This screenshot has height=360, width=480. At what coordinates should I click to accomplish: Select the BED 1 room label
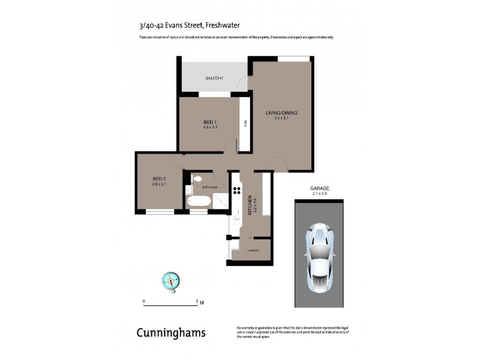(210, 122)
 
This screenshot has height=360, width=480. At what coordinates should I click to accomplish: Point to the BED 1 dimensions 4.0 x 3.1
(210, 127)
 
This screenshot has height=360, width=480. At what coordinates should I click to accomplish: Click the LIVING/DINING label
(281, 113)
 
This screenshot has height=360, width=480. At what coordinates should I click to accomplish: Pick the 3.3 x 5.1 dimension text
(281, 118)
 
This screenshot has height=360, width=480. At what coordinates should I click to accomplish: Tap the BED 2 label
(158, 178)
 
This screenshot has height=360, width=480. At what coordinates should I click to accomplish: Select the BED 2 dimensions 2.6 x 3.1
(158, 184)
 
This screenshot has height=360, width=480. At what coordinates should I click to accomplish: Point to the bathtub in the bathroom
(197, 202)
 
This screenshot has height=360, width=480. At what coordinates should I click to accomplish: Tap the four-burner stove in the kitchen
(236, 192)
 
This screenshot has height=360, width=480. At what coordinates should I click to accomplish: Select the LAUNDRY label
(253, 250)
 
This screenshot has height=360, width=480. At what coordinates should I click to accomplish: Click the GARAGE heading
(319, 188)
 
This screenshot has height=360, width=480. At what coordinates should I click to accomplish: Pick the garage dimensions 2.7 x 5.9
(319, 193)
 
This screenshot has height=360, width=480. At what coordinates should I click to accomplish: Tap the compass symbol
(172, 280)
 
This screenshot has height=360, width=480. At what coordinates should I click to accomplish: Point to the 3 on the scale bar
(197, 301)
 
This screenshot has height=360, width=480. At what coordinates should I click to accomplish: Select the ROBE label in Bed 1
(245, 124)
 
